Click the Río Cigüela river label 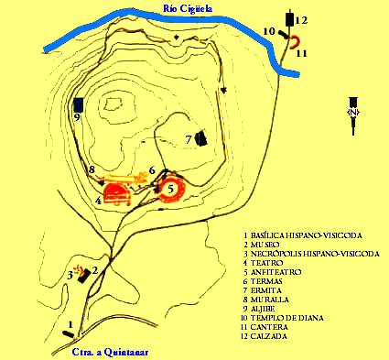click(x=188, y=8)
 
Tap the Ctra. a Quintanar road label click(x=110, y=352)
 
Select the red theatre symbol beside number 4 click(x=117, y=194)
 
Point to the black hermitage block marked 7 click(x=201, y=139)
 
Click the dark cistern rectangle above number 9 click(x=79, y=104)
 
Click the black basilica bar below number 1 click(x=68, y=334)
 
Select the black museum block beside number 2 click(x=84, y=276)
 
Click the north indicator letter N click(x=353, y=112)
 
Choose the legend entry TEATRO click(x=267, y=263)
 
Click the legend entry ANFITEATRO click(x=276, y=272)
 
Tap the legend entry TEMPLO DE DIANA click(x=287, y=318)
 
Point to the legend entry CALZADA click(x=269, y=336)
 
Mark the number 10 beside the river click(x=270, y=31)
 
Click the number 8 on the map click(x=91, y=169)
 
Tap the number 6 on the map click(x=152, y=170)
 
